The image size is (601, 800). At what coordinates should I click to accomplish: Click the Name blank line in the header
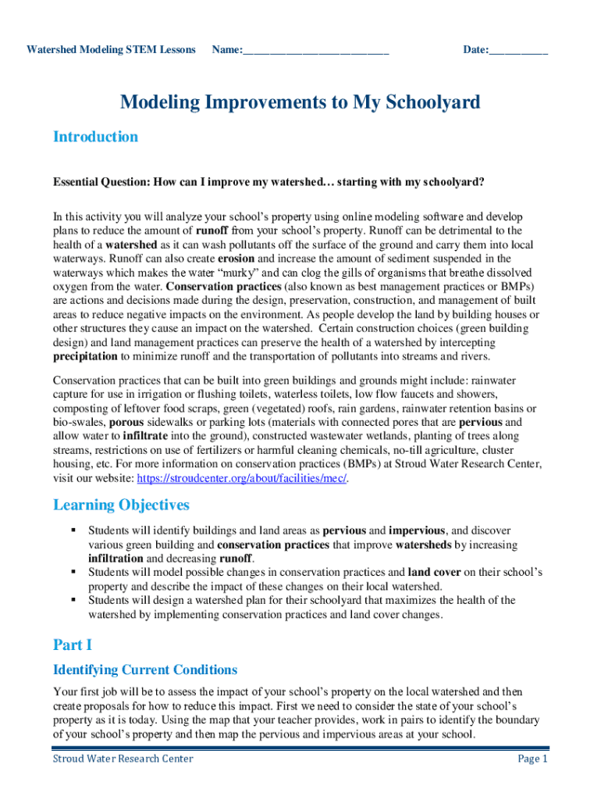pyautogui.click(x=315, y=51)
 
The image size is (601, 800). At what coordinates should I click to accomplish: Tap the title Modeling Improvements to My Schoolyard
pyautogui.click(x=300, y=102)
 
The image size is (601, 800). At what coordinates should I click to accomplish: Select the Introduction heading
pyautogui.click(x=95, y=137)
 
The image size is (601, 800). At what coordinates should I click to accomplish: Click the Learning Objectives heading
pyautogui.click(x=121, y=505)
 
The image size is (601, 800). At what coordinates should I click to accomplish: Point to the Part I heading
pyautogui.click(x=73, y=645)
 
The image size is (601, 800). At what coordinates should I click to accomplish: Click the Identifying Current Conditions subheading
pyautogui.click(x=144, y=670)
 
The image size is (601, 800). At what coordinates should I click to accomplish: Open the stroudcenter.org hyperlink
pyautogui.click(x=242, y=477)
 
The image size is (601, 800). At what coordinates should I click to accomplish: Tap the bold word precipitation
pyautogui.click(x=85, y=357)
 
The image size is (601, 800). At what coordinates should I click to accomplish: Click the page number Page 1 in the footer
pyautogui.click(x=533, y=759)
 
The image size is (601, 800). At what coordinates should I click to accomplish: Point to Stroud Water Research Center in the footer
pyautogui.click(x=123, y=759)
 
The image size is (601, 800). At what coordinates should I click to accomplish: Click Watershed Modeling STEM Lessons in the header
pyautogui.click(x=111, y=50)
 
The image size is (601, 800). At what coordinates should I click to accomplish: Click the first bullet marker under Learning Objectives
pyautogui.click(x=73, y=530)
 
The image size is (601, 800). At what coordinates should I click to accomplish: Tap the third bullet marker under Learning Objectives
pyautogui.click(x=73, y=600)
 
